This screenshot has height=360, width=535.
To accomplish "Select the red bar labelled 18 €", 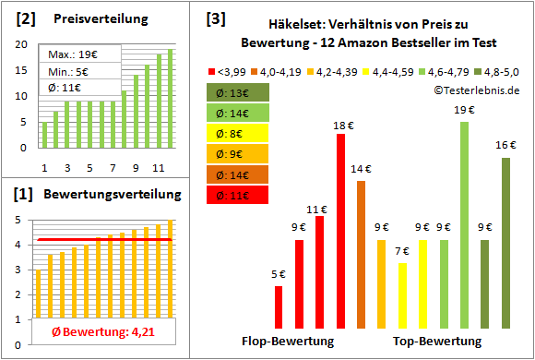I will [340, 231].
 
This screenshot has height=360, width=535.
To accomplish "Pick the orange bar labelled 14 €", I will [361, 254].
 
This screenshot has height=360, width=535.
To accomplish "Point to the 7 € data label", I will [402, 251].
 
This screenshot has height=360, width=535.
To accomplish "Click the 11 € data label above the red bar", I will [319, 209].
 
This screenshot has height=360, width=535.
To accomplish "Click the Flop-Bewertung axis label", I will [288, 341].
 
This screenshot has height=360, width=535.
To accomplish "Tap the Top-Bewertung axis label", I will [437, 341].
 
